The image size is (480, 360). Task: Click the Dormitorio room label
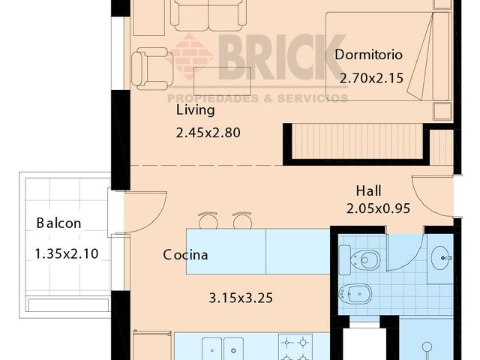point(368,55)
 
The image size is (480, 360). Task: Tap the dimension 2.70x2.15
point(372,78)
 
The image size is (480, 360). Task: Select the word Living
point(195,110)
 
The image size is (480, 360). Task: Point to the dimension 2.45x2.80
point(208,133)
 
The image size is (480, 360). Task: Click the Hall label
point(368,191)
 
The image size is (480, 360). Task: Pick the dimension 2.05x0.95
point(378,208)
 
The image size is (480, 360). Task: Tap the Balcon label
point(58,223)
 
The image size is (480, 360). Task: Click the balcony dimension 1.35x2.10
point(67,253)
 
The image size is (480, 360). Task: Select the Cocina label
point(185,255)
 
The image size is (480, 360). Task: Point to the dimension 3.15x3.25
point(241,298)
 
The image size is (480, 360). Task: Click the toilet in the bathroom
point(360,260)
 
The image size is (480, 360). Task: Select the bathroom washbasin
point(440,258)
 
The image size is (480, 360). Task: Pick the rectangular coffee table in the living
point(222,81)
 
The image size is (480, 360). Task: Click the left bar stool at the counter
point(208,220)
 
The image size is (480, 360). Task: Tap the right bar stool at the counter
point(242,220)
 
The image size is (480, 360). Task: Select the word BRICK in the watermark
point(282,57)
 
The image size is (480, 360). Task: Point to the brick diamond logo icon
point(190,57)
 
